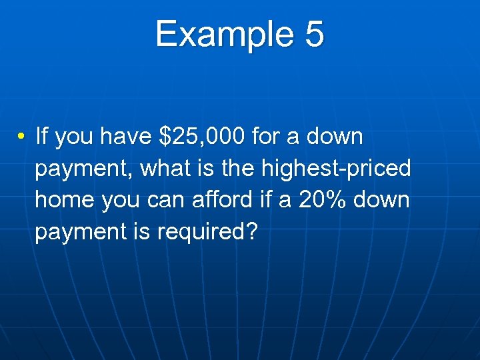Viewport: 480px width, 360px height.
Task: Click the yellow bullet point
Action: pos(22,137)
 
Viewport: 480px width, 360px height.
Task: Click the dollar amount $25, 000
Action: pos(203,137)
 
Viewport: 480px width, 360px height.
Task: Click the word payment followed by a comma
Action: pos(85,169)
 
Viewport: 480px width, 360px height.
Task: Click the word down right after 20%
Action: pos(381,199)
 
